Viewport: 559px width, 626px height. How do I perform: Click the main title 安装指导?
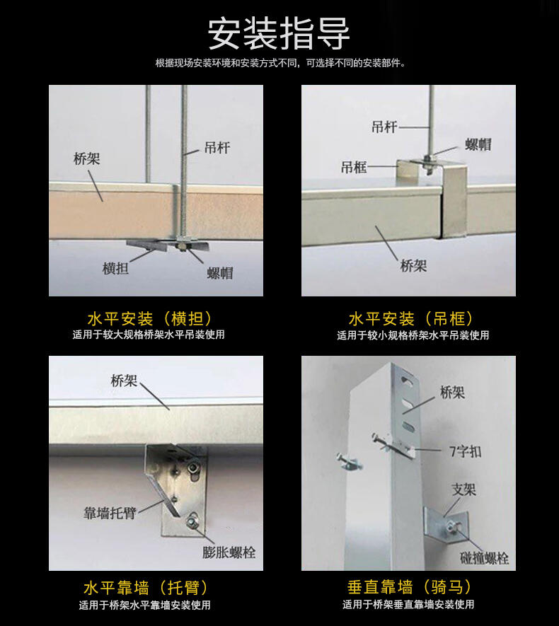[x=279, y=34]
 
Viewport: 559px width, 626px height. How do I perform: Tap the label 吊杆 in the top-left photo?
[x=217, y=148]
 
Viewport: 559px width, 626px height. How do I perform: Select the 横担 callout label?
[x=115, y=268]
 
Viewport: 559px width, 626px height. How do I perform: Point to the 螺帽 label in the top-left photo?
[x=220, y=274]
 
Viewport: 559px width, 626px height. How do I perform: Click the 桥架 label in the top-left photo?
[x=86, y=159]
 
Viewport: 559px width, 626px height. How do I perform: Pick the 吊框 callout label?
[x=354, y=167]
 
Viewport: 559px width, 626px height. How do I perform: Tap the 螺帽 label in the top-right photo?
[x=478, y=144]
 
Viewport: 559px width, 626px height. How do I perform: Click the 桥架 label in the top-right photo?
[x=414, y=265]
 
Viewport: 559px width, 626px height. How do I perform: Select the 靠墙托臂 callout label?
[x=110, y=513]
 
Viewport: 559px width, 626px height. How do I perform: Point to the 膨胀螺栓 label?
[x=229, y=552]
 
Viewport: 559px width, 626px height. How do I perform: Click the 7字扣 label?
[x=465, y=451]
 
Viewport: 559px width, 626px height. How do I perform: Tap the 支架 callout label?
[x=464, y=489]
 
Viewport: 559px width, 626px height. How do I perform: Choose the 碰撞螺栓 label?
[x=484, y=558]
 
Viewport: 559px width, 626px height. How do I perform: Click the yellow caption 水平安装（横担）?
[x=149, y=319]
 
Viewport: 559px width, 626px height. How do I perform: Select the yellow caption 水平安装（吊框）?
[x=411, y=319]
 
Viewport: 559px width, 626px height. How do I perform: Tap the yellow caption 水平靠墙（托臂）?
[x=146, y=588]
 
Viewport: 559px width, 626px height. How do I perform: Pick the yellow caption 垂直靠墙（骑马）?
[x=409, y=587]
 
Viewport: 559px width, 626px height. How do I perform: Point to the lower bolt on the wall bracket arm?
[x=192, y=521]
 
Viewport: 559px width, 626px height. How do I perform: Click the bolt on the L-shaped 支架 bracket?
[x=451, y=526]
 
